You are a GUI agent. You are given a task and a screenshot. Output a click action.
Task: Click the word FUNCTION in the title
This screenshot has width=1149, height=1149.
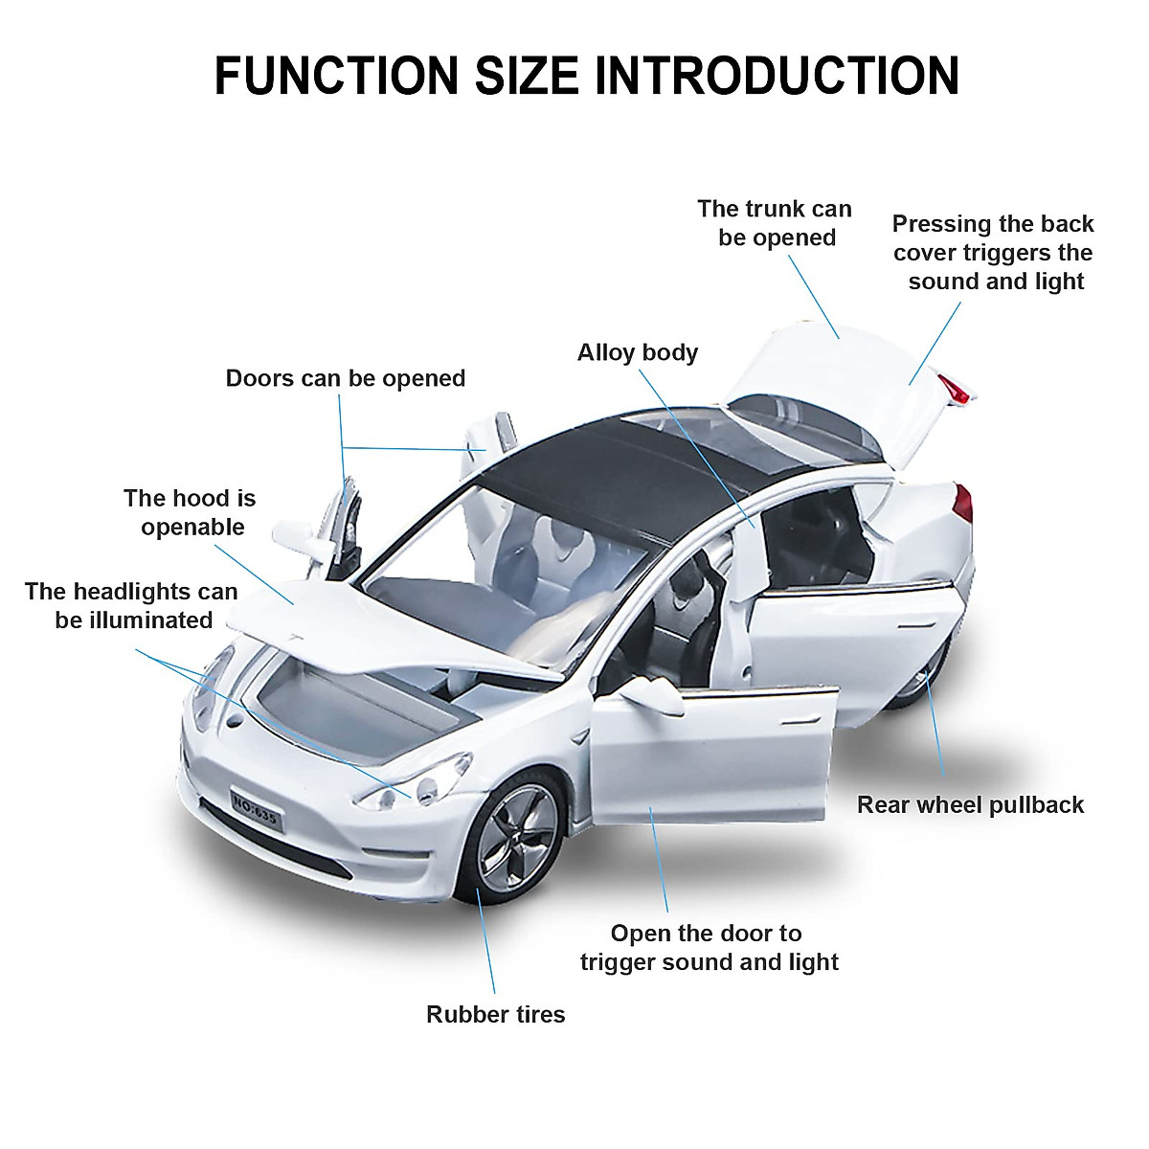click(336, 76)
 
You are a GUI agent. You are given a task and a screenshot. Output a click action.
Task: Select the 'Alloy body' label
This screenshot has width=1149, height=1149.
click(638, 352)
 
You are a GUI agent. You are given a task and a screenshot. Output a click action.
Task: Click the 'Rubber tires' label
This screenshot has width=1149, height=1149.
click(495, 1014)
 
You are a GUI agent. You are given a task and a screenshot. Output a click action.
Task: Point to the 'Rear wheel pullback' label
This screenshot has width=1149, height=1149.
click(970, 804)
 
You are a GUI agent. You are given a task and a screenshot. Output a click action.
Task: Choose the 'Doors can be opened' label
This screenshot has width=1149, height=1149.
click(345, 378)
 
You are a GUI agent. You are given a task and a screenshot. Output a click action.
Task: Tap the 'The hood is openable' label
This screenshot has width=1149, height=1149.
click(190, 512)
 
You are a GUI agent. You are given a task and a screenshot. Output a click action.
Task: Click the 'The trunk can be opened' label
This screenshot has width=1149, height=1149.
click(775, 223)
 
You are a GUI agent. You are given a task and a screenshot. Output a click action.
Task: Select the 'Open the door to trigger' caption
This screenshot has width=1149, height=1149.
click(709, 947)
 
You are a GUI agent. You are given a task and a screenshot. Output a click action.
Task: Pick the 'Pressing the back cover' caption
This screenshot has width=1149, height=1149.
click(994, 253)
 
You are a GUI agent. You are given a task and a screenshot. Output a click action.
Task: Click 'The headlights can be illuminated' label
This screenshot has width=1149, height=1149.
click(132, 605)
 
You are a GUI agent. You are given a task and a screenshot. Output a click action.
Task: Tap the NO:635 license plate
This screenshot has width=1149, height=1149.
click(255, 808)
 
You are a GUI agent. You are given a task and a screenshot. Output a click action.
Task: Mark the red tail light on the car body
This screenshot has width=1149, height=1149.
click(962, 503)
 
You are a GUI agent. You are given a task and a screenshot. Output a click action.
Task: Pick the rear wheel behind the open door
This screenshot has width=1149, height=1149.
click(924, 680)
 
